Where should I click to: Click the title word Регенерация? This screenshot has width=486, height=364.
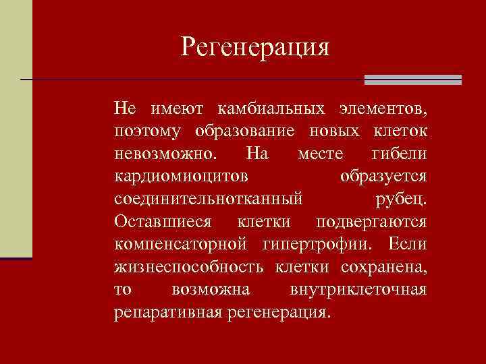tap(255, 48)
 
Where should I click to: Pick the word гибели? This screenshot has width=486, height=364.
tap(399, 154)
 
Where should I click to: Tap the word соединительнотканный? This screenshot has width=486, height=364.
tap(209, 200)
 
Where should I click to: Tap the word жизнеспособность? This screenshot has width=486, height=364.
tap(189, 268)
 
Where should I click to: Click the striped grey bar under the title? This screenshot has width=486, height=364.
tap(412, 80)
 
